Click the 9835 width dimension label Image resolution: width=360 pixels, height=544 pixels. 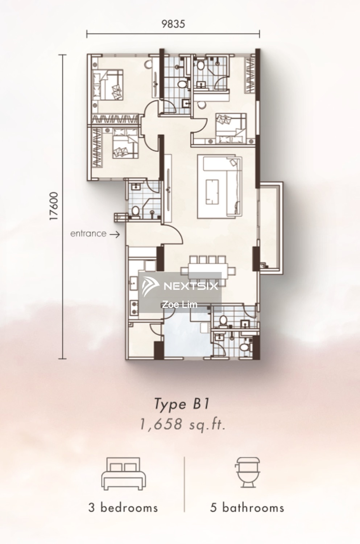tap(173, 24)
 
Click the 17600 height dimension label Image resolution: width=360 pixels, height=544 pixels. tap(54, 206)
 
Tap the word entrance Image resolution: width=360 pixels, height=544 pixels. tap(88, 234)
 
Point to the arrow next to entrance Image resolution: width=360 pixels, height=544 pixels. tap(114, 234)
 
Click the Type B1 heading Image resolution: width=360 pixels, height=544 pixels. tap(182, 404)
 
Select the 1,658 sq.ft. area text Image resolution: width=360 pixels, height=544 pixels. tap(183, 424)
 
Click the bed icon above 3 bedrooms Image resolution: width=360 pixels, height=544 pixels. tap(124, 474)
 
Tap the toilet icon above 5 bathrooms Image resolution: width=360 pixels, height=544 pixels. tap(248, 472)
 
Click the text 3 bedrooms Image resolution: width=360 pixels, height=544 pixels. tap(123, 508)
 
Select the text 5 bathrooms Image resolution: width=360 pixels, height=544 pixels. tap(247, 508)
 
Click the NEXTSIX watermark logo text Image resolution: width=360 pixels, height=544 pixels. tap(191, 286)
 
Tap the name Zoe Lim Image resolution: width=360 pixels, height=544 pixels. tap(179, 304)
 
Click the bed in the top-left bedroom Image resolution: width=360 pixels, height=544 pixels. tap(108, 85)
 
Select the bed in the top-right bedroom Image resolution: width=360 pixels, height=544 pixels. tap(231, 128)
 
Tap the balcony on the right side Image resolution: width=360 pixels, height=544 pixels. tap(270, 228)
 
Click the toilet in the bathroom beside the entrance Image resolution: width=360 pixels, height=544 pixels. tap(135, 211)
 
